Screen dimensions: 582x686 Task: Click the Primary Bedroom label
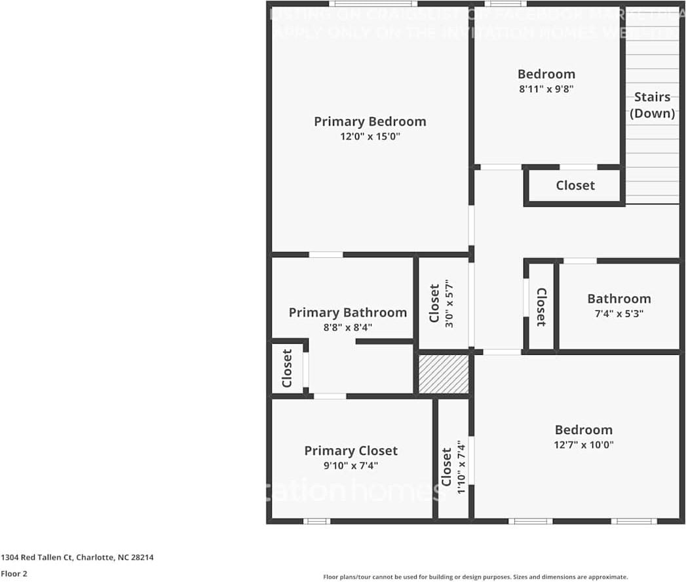click(x=370, y=122)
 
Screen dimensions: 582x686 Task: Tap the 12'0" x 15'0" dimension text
click(x=370, y=137)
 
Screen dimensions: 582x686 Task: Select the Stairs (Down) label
click(x=652, y=105)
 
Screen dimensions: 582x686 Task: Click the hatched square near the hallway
click(x=444, y=374)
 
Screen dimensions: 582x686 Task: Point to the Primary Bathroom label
click(x=347, y=313)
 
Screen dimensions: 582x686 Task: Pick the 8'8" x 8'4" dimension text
click(x=347, y=327)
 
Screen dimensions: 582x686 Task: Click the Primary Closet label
click(x=351, y=451)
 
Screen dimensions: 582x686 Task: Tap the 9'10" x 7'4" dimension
click(x=351, y=465)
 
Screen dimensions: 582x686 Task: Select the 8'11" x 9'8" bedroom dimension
click(x=546, y=89)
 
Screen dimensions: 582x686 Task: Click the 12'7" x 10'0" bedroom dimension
click(x=583, y=445)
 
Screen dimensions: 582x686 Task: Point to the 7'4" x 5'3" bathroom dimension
click(x=619, y=314)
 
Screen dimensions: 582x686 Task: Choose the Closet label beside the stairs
click(x=575, y=186)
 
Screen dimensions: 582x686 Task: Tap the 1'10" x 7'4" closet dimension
click(x=462, y=465)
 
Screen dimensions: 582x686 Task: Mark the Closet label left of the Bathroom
click(x=542, y=306)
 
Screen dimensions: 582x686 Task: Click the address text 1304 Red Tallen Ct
click(x=77, y=558)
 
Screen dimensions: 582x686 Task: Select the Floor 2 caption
click(x=14, y=573)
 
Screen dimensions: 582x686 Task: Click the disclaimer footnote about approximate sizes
click(x=475, y=577)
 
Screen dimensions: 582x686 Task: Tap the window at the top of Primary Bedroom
click(x=373, y=4)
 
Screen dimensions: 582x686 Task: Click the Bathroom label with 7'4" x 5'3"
click(x=619, y=299)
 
